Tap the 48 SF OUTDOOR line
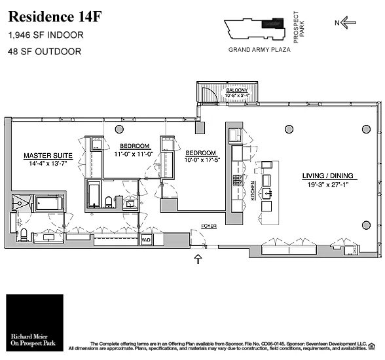pyautogui.click(x=45, y=51)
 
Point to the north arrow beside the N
pyautogui.click(x=348, y=23)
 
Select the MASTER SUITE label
pyautogui.click(x=48, y=156)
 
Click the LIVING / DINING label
pyautogui.click(x=327, y=175)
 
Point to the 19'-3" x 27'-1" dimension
pyautogui.click(x=327, y=185)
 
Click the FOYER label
pyautogui.click(x=208, y=226)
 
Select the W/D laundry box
pyautogui.click(x=146, y=240)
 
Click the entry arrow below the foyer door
pyautogui.click(x=198, y=260)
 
